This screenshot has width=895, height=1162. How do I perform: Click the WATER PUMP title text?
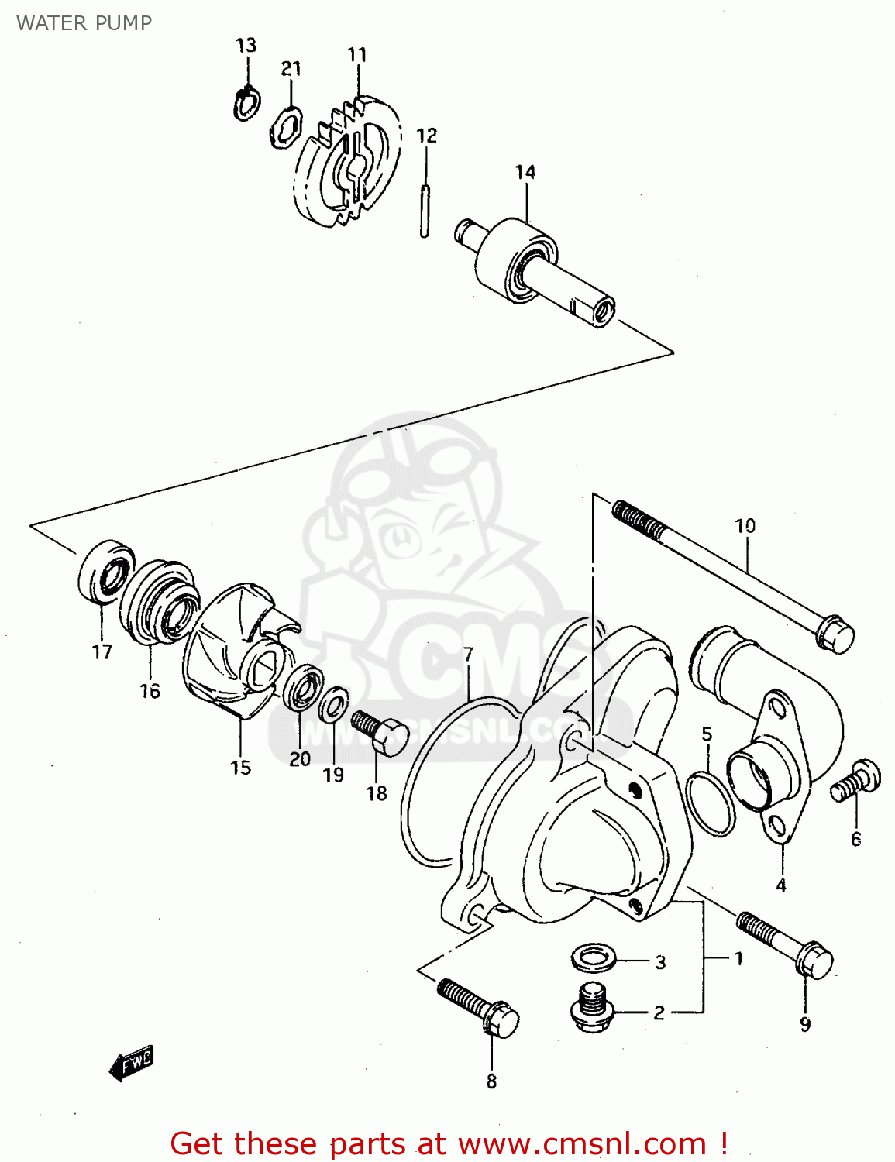pos(84,23)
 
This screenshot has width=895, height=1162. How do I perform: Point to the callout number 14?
pos(525,172)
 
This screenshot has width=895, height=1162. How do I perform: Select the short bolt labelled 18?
pos(380,733)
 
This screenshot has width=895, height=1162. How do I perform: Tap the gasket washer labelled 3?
pos(594,957)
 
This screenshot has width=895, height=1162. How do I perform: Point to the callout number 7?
pos(468,655)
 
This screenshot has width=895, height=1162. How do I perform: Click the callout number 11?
pos(357,55)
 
